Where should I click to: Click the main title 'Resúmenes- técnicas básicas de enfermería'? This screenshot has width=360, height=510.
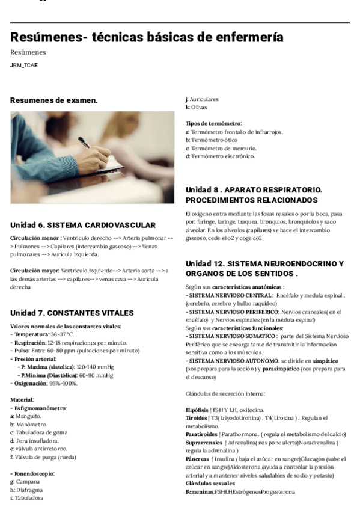(147, 37)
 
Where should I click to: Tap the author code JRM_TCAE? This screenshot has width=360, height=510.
(24, 65)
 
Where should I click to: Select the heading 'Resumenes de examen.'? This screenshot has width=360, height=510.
(54, 100)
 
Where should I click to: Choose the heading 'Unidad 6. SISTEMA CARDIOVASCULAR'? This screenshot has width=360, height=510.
(84, 225)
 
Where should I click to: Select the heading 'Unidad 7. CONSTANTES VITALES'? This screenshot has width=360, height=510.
(72, 313)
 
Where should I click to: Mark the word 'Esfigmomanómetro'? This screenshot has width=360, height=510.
(40, 408)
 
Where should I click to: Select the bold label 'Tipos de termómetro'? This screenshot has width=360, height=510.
(213, 123)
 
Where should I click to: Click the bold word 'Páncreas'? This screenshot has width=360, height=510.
(198, 459)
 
